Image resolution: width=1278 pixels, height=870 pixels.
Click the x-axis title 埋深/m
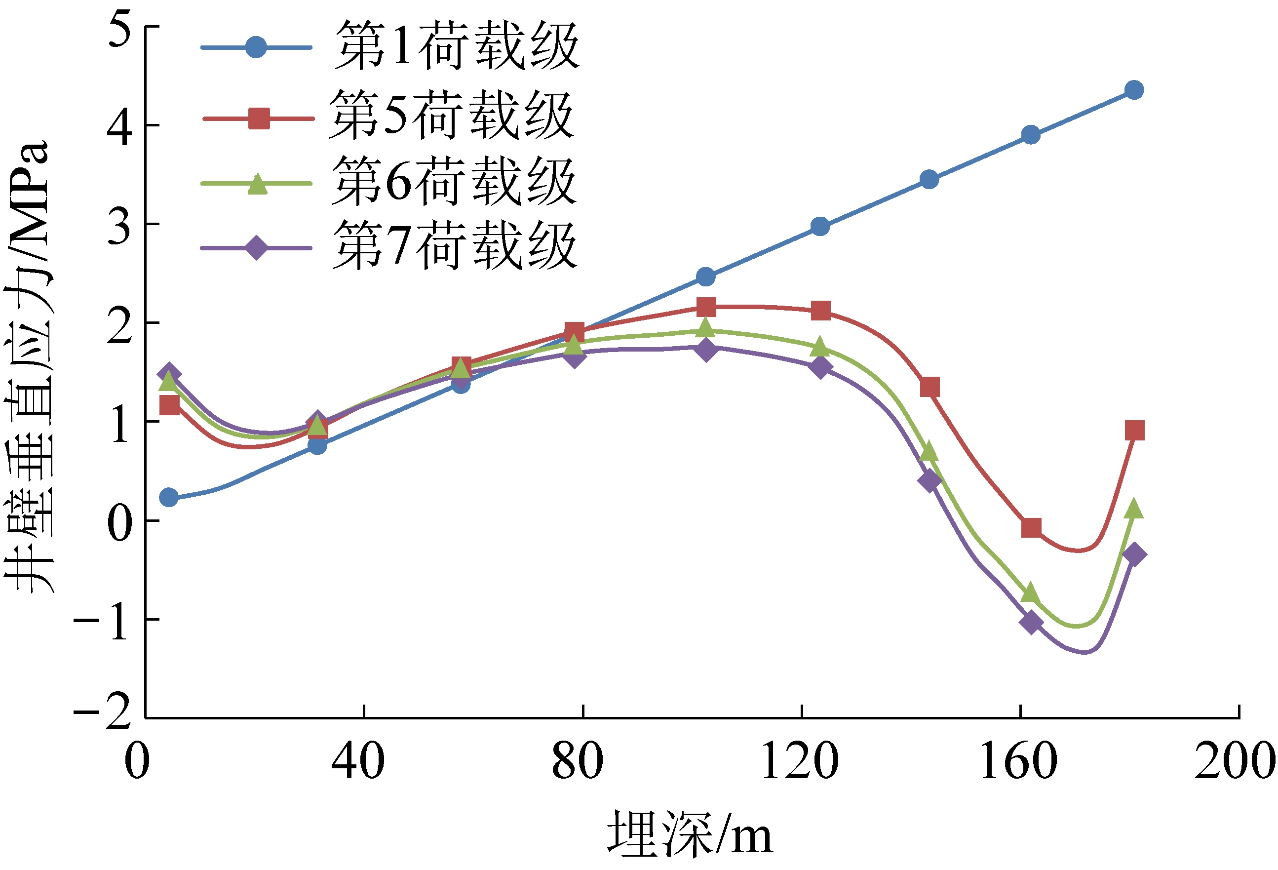(x=690, y=835)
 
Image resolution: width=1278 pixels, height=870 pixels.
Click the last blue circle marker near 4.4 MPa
(x=1134, y=90)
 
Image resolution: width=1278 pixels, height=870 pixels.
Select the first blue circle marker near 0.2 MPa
(x=169, y=497)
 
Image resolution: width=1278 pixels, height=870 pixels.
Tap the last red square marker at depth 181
(x=1134, y=431)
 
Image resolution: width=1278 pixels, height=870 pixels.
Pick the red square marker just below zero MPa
(x=1031, y=527)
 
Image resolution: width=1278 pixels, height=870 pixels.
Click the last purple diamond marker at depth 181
(x=1134, y=554)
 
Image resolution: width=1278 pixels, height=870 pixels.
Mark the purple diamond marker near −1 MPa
(x=1031, y=623)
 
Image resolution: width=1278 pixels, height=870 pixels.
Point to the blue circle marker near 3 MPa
(x=820, y=226)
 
